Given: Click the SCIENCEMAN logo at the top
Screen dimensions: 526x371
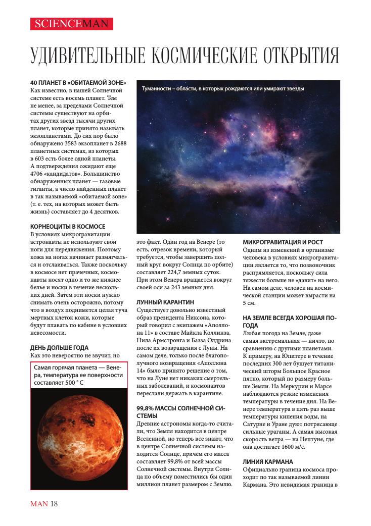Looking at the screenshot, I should pos(71,24).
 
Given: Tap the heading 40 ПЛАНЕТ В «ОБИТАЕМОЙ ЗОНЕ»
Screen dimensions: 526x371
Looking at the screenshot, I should pos(78,82).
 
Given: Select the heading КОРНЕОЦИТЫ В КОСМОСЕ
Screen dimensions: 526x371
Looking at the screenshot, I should pos(68,227).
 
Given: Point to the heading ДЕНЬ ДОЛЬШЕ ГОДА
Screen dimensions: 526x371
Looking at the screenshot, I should pos(59,347).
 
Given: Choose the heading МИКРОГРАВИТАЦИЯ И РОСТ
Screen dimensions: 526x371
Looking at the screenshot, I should pos(283,242).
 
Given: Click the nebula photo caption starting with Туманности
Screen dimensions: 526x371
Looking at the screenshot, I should pos(223,88).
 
